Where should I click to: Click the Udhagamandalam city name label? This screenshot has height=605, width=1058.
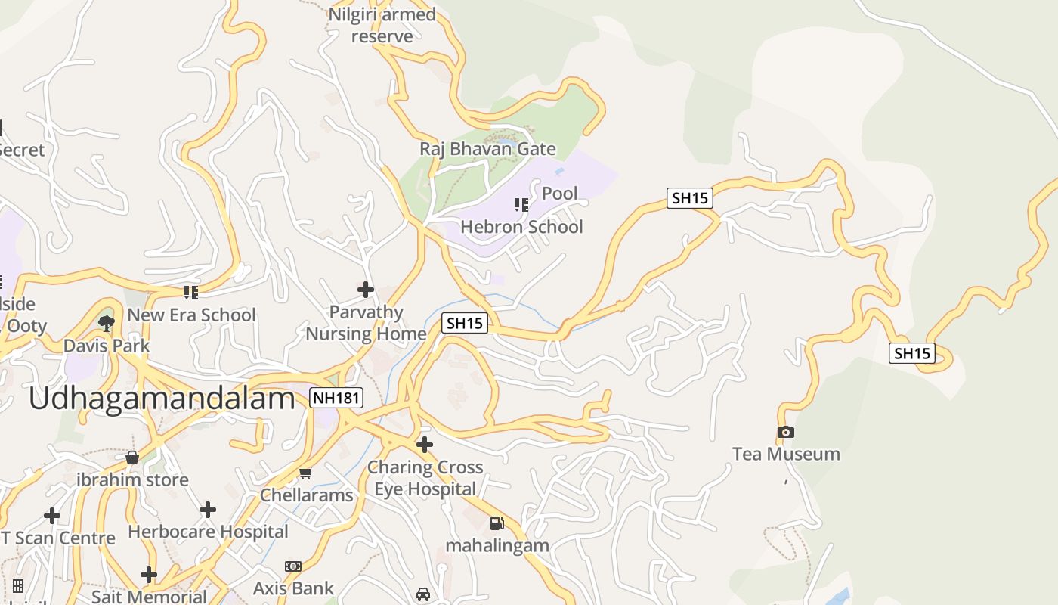pos(162,399)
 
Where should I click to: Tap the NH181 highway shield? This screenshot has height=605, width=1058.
pos(336,398)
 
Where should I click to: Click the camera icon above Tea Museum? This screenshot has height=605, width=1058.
pos(786,433)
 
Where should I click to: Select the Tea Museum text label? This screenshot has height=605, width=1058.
pos(786,454)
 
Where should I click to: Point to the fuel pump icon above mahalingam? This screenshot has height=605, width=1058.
pos(497,523)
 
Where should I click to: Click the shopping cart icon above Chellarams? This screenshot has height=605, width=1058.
pos(306,473)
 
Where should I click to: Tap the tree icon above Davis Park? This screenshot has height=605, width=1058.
pos(107,324)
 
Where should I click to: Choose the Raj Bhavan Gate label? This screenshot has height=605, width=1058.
pos(487,149)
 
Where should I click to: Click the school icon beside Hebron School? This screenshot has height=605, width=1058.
pos(521,205)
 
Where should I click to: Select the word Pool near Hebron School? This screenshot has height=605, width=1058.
pos(560,194)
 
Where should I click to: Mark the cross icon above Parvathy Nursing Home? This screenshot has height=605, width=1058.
pos(366,290)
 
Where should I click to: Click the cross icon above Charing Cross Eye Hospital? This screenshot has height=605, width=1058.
pos(425,445)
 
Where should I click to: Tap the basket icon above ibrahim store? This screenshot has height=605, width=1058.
pos(132,458)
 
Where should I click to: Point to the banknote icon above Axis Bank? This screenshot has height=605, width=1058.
pos(293,566)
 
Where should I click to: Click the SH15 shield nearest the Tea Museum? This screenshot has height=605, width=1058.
pos(912,353)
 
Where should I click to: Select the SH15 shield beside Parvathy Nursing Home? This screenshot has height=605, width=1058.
pos(464,323)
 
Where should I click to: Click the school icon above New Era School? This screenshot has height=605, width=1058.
pos(190,292)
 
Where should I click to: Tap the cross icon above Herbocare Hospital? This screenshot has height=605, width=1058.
pos(208,510)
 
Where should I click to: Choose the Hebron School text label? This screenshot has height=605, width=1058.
pos(521,227)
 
